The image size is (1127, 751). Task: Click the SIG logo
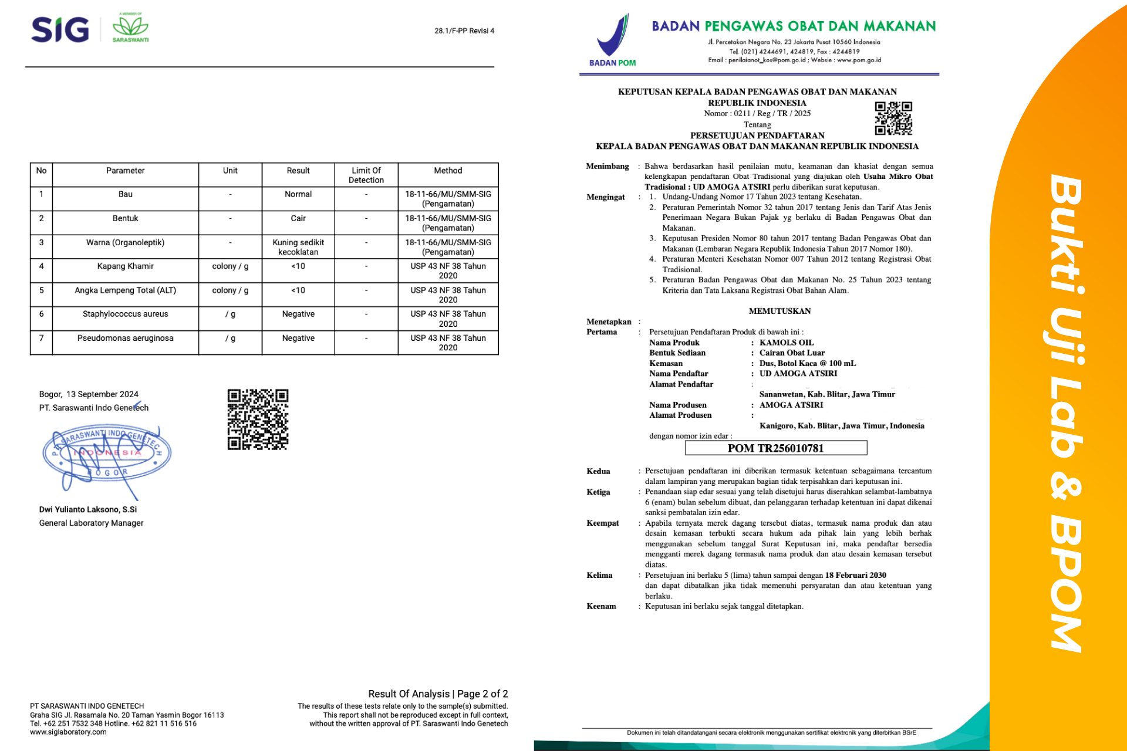60,29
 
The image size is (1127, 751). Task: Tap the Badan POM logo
613,40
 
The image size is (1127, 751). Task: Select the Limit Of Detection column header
366,175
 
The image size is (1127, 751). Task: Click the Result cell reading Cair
298,218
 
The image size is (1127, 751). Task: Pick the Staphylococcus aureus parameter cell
125,314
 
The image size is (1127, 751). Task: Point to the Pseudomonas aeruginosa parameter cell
125,338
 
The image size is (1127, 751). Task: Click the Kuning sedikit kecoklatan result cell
298,247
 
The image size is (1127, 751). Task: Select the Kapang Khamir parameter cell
125,266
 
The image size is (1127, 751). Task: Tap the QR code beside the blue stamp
258,419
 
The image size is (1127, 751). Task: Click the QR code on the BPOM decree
893,118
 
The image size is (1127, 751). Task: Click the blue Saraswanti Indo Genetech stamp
107,453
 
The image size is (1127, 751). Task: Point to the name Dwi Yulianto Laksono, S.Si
88,509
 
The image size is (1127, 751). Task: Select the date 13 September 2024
102,394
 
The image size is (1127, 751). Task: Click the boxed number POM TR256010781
775,448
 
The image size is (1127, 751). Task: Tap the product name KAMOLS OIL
786,343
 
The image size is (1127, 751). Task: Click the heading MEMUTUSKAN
780,311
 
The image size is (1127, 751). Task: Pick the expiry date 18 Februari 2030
855,575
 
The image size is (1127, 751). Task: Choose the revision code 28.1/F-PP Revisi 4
464,31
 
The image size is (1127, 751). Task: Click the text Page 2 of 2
482,694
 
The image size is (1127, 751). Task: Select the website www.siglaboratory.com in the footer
68,732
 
